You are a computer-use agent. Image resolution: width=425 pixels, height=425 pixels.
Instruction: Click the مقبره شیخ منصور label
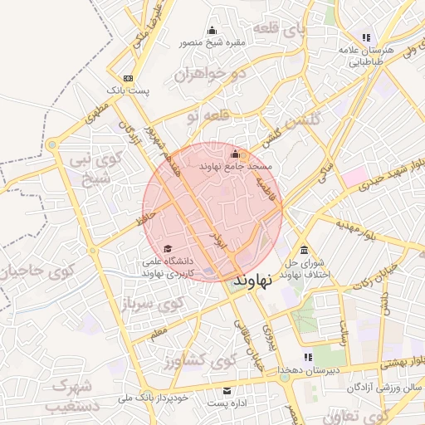(211, 42)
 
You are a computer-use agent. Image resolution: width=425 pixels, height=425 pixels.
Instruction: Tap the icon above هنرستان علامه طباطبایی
(366, 37)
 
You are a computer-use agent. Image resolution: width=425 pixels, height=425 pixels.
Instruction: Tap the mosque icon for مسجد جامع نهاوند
(235, 154)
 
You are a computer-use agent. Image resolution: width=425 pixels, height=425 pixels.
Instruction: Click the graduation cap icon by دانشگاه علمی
(168, 248)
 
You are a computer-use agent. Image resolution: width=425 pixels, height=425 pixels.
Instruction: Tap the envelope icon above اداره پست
(227, 391)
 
